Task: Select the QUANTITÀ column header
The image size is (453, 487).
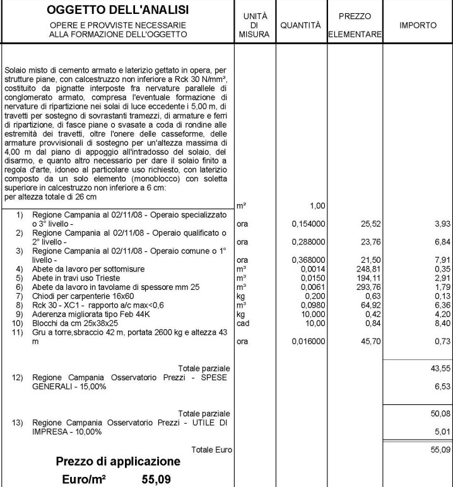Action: (x=300, y=25)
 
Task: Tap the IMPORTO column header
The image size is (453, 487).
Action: (x=418, y=25)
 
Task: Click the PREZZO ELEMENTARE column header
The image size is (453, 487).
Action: (x=355, y=25)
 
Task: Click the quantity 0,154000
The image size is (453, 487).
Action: (x=309, y=224)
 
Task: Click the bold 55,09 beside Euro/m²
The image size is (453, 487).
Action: (x=156, y=479)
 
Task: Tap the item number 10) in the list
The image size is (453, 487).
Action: (x=20, y=323)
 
